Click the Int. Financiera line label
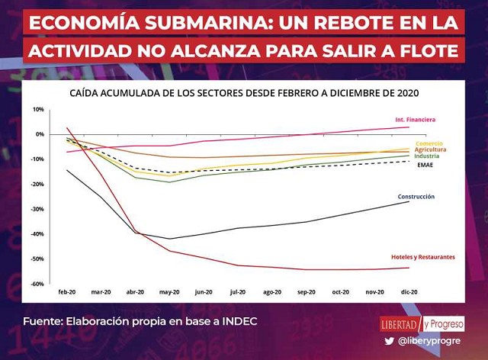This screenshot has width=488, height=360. click(x=415, y=120)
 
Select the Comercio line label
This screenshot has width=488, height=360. click(x=429, y=143)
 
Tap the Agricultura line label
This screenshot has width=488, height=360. click(x=430, y=149)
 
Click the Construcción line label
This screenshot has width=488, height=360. click(x=416, y=197)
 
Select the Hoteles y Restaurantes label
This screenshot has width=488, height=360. click(x=422, y=256)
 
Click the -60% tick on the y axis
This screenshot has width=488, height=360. click(x=36, y=284)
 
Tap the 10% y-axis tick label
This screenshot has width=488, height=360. click(x=37, y=109)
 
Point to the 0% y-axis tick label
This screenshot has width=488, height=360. click(x=39, y=134)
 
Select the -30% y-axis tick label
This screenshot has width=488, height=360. click(x=36, y=209)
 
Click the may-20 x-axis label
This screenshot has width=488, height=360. click(x=169, y=292)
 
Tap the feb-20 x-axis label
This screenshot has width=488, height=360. click(x=67, y=292)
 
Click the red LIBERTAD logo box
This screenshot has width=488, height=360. click(x=400, y=323)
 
